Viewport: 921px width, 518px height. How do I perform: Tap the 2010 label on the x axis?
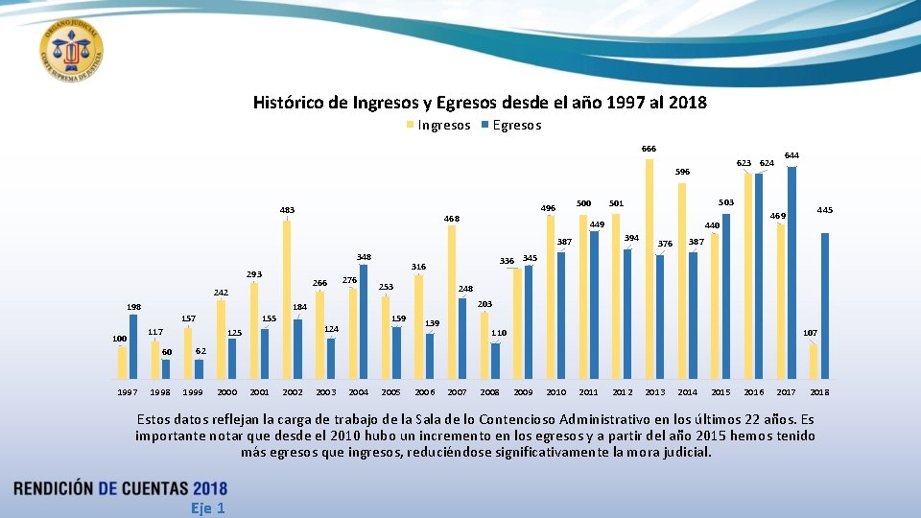[555, 392]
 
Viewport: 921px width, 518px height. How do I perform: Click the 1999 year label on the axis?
[193, 392]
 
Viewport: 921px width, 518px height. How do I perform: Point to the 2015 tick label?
[720, 392]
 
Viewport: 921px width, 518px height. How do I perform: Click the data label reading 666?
[649, 149]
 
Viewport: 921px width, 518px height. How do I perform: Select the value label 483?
[287, 210]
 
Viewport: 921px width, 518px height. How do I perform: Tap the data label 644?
[791, 155]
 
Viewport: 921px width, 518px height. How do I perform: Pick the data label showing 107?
[810, 333]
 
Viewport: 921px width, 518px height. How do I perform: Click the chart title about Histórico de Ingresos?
[480, 102]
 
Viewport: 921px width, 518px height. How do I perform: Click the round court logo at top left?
[72, 49]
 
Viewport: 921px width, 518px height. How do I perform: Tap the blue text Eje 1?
[207, 507]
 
